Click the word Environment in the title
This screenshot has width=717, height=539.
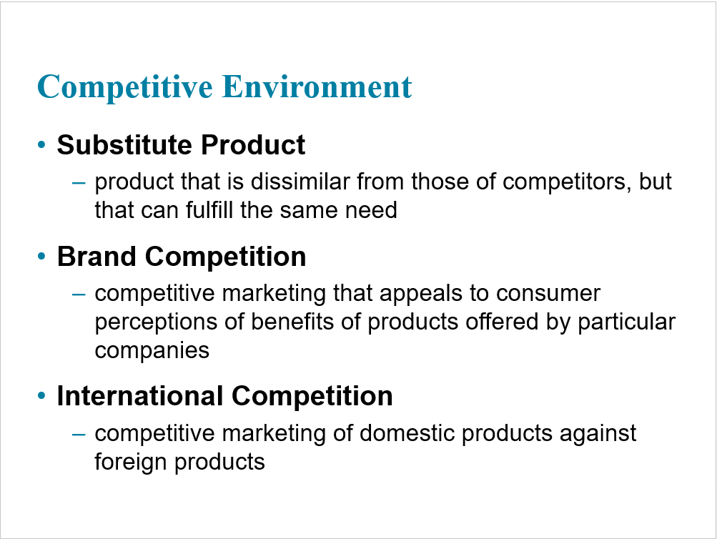317,86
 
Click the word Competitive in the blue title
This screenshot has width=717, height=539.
125,88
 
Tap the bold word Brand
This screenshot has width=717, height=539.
97,256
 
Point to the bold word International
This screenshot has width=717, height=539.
139,395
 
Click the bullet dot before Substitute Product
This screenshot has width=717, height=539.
41,145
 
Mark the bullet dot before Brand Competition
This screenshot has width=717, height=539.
41,256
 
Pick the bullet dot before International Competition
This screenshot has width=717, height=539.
41,395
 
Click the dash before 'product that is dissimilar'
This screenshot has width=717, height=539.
79,183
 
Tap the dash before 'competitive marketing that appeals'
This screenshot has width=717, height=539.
79,295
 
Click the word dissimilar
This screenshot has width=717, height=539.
300,182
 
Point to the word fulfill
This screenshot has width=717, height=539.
209,210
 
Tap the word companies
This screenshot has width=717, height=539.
152,352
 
